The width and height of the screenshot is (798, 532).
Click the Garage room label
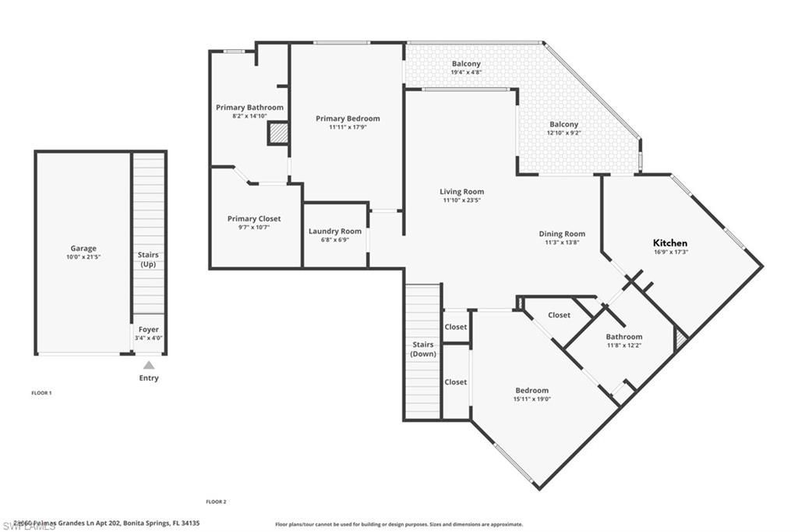[x=83, y=249]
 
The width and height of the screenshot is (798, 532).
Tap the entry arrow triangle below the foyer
[x=149, y=365]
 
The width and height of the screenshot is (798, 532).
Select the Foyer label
[x=148, y=330]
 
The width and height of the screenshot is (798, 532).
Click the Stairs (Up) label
[x=148, y=260]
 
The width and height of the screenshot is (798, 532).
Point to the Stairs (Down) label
[x=423, y=349]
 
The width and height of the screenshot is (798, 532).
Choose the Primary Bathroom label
[x=249, y=108]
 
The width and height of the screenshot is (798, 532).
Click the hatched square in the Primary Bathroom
[x=278, y=133]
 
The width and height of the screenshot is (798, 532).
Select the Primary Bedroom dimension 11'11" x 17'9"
[x=348, y=127]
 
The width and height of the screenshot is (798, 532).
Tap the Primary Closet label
[x=254, y=219]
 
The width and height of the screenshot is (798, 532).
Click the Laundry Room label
[x=335, y=231]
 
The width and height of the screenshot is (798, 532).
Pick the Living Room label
[x=461, y=192]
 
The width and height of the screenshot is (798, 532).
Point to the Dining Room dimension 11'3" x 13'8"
[x=562, y=243]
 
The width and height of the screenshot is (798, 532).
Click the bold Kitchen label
[x=670, y=243]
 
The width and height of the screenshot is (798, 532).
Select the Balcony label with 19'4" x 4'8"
[x=466, y=64]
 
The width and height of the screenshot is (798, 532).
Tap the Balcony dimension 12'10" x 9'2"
[x=564, y=133]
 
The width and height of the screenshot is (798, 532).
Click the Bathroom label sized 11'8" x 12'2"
[x=624, y=337]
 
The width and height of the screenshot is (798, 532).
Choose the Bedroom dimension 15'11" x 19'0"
[x=531, y=399]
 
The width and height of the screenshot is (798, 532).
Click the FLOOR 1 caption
[x=41, y=393]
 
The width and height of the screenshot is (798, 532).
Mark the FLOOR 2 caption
[x=216, y=502]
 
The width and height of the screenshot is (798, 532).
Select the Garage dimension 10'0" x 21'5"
[x=83, y=257]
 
